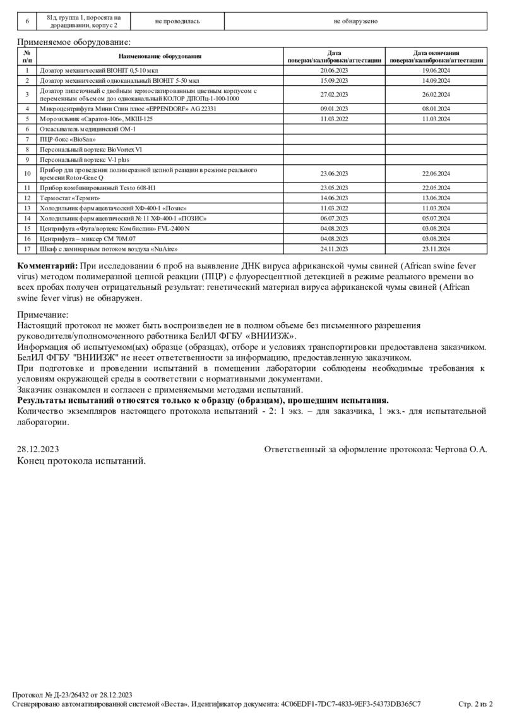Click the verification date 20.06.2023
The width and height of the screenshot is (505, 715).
pos(334,70)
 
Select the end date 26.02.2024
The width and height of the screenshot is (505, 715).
pos(436,95)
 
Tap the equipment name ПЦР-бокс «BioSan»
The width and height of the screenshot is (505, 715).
pos(63,138)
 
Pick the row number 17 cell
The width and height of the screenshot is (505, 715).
pos(27,248)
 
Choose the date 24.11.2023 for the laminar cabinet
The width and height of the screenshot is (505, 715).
pos(334,248)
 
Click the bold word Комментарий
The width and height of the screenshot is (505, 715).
pos(47,266)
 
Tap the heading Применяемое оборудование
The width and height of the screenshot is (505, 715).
pos(74,42)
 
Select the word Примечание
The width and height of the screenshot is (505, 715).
pos(43,315)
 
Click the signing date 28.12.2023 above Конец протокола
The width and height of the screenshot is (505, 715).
pos(38,449)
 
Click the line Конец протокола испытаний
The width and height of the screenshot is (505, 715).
pos(81,461)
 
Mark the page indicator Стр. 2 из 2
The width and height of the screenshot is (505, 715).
pos(475,704)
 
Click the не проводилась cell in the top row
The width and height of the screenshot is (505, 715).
pos(177,21)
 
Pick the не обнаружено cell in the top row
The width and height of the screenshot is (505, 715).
pos(355,21)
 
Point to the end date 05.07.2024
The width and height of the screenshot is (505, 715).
pos(436,218)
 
